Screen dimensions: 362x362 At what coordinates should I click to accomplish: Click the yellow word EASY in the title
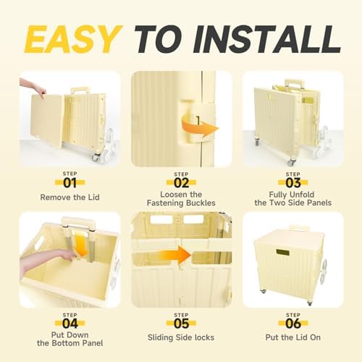coord(73,39)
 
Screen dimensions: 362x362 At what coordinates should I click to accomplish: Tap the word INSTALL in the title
coord(267,39)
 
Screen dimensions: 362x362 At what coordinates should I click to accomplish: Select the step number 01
coord(70,183)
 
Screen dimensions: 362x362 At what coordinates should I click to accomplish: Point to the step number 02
coord(181,183)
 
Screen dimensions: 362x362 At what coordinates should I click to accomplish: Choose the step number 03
coord(293,183)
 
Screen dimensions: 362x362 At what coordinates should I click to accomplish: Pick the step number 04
coord(70,324)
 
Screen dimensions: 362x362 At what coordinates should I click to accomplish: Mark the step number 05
coord(181,324)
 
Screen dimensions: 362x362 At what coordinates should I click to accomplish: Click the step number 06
coord(293,324)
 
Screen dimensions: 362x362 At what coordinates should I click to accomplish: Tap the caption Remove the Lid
coord(70,197)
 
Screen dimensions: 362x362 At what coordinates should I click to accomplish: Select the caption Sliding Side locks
coord(181,337)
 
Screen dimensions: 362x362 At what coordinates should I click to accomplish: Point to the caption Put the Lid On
coord(293,337)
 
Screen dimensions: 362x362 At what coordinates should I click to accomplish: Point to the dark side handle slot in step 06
coord(283,253)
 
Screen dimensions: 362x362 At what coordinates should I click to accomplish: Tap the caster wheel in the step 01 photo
coord(96,157)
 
